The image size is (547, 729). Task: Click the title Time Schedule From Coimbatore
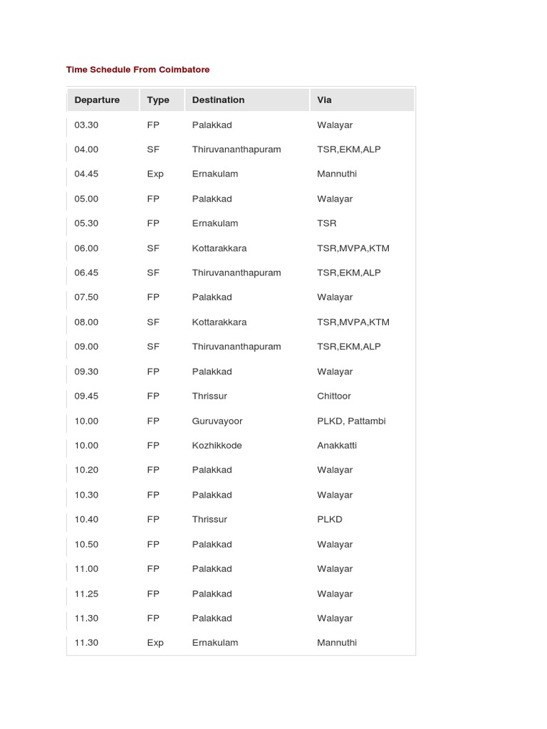click(137, 70)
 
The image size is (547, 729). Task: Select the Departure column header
click(97, 100)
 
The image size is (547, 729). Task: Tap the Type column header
click(158, 100)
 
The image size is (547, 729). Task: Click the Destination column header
click(218, 100)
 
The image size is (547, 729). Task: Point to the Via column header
click(325, 100)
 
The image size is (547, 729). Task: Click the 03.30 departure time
click(86, 125)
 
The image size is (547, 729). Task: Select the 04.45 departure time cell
click(86, 174)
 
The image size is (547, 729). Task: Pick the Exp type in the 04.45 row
click(155, 174)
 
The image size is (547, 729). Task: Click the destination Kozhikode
click(217, 446)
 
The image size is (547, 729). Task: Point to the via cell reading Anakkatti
click(337, 446)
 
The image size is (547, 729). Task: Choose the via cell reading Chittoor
click(334, 397)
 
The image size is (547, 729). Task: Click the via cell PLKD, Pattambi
click(351, 421)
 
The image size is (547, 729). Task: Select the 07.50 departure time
click(86, 298)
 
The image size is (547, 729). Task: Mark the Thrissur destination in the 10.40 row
click(209, 520)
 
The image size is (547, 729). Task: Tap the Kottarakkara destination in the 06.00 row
click(219, 248)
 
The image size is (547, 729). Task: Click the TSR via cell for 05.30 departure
click(327, 224)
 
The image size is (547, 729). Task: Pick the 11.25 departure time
click(86, 594)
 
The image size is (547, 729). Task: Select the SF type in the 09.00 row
click(153, 347)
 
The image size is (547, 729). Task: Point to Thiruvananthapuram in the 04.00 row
click(236, 150)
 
